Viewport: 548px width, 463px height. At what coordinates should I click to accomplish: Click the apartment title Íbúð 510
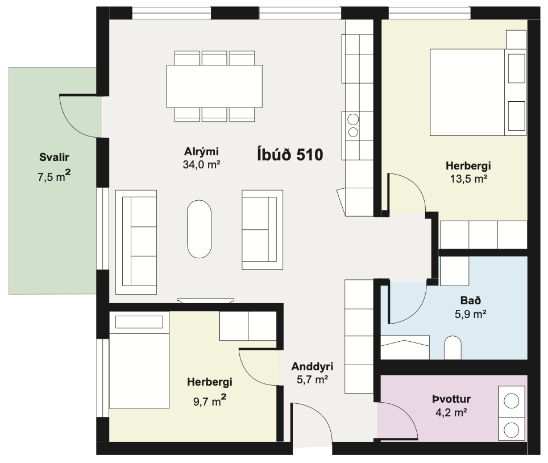pyautogui.click(x=290, y=155)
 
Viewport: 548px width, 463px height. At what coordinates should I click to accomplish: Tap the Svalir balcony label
pyautogui.click(x=54, y=157)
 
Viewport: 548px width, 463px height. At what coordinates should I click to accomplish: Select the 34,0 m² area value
pyautogui.click(x=201, y=164)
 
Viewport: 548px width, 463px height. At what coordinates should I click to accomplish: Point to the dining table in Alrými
pyautogui.click(x=214, y=86)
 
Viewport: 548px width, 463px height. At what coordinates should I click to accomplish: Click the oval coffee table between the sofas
pyautogui.click(x=199, y=229)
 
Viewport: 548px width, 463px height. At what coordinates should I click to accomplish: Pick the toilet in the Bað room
pyautogui.click(x=452, y=348)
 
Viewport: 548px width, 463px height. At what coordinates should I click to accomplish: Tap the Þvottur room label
pyautogui.click(x=451, y=399)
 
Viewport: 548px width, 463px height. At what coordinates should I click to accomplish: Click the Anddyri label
pyautogui.click(x=312, y=366)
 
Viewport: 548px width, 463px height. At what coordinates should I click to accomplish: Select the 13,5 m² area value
pyautogui.click(x=468, y=179)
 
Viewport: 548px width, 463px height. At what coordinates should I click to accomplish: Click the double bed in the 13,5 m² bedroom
pyautogui.click(x=478, y=92)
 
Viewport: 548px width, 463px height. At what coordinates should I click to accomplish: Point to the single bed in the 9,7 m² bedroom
pyautogui.click(x=139, y=360)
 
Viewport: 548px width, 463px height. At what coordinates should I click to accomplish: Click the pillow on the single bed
pyautogui.click(x=139, y=322)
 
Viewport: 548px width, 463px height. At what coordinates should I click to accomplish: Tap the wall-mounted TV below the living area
pyautogui.click(x=206, y=300)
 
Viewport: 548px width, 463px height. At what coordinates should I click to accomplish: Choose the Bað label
pyautogui.click(x=471, y=300)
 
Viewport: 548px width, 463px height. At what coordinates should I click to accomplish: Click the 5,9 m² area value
pyautogui.click(x=471, y=314)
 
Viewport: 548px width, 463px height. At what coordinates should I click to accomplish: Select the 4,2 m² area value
pyautogui.click(x=451, y=412)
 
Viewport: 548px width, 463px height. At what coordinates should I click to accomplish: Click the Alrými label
pyautogui.click(x=201, y=151)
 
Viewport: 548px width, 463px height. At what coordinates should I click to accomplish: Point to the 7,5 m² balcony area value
pyautogui.click(x=54, y=176)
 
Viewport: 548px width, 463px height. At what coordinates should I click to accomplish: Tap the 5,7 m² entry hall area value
pyautogui.click(x=312, y=379)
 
